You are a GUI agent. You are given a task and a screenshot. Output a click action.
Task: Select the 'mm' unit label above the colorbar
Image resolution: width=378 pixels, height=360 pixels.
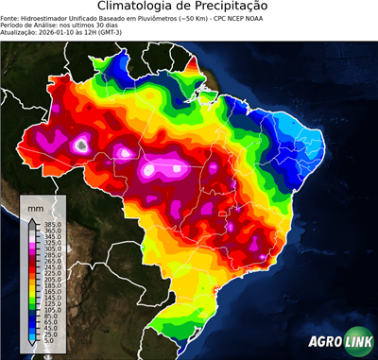36,206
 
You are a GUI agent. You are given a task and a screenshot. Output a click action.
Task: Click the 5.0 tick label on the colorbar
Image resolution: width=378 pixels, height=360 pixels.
47,341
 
